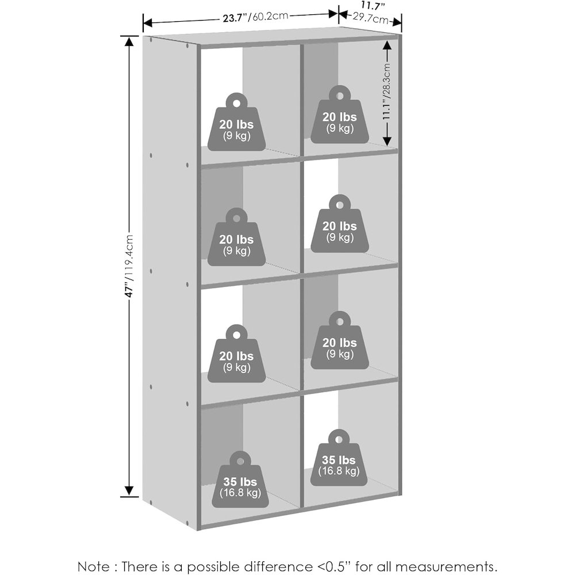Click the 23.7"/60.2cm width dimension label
coord(255,17)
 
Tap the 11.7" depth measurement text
coord(373,6)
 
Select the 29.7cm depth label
coord(370,18)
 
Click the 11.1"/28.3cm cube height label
coord(386,91)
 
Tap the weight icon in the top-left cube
coord(236,122)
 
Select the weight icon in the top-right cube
coord(340,114)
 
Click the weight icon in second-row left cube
coord(236,237)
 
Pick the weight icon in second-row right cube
coord(340,223)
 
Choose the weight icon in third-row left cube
coord(236,354)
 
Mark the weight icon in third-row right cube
coord(340,340)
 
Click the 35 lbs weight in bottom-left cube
coord(240,480)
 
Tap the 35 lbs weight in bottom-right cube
coord(339,458)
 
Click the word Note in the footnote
coord(93,566)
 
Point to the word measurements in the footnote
coord(446,566)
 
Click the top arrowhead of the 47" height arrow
coord(129,41)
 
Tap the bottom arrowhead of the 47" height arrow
coord(129,492)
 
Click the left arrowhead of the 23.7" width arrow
coord(147,23)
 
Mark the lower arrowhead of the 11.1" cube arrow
coord(387,140)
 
